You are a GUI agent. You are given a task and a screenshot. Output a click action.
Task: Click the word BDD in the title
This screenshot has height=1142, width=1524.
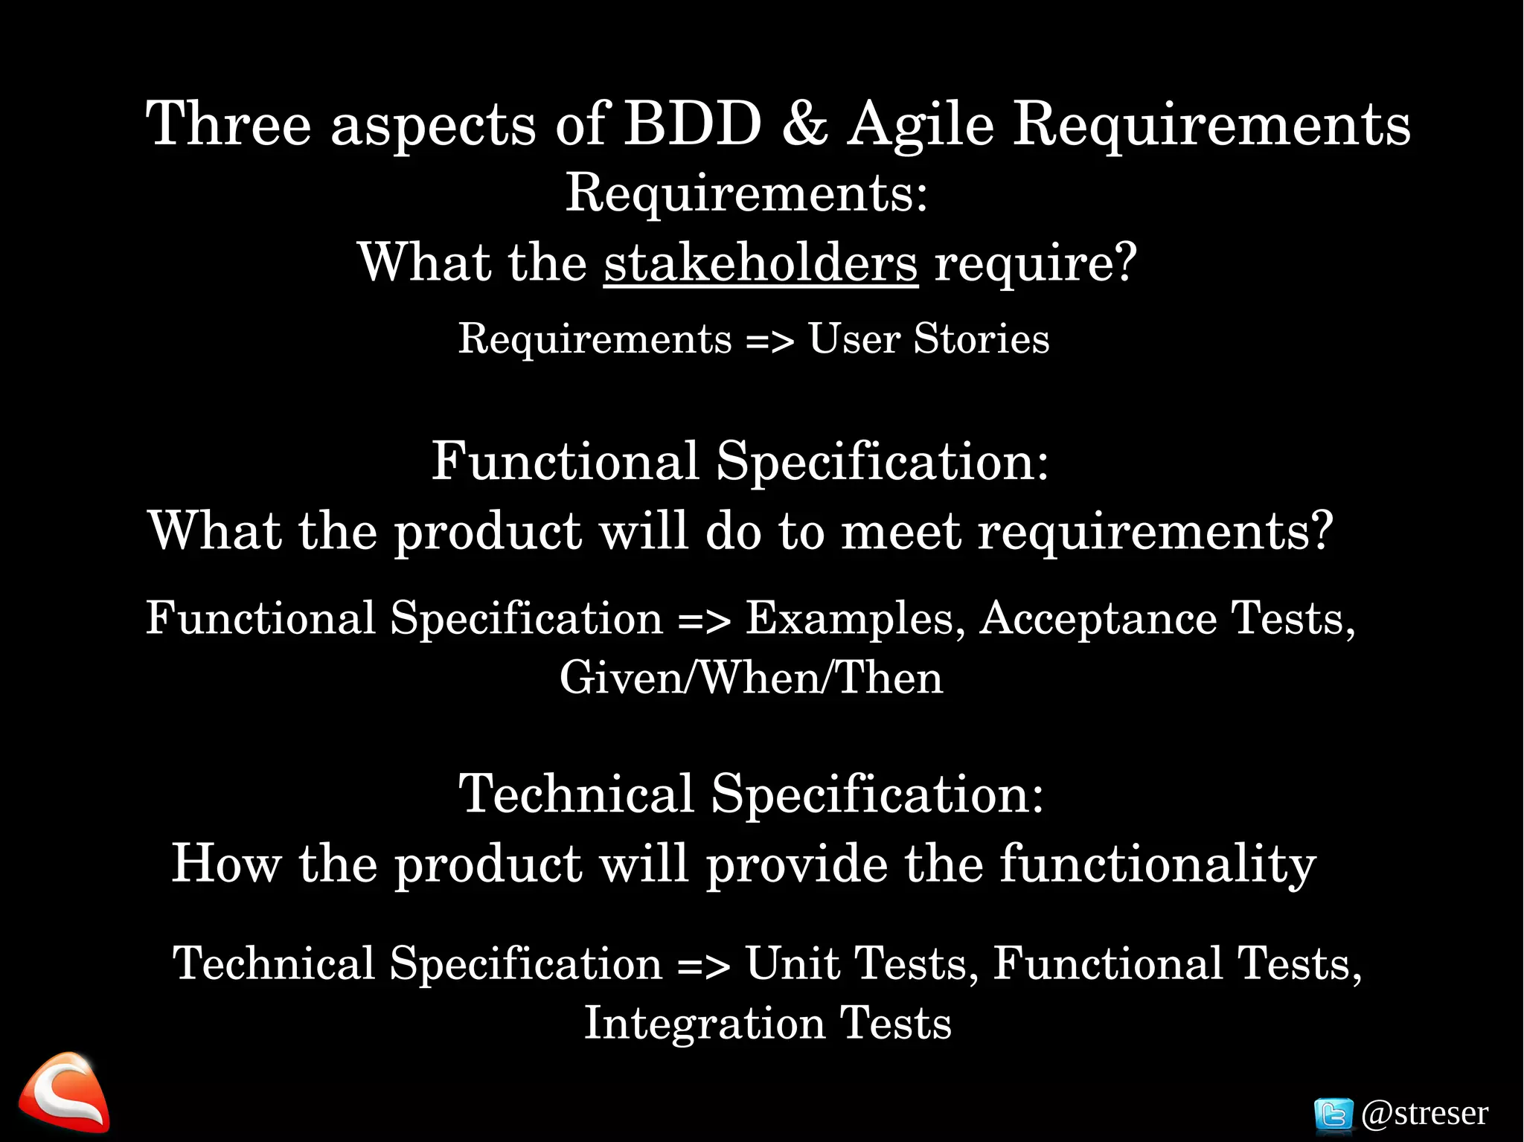click(x=692, y=123)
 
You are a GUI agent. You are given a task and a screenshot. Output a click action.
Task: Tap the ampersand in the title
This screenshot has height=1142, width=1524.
click(x=804, y=123)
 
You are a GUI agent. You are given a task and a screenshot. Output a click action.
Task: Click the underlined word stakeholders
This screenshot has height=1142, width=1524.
click(x=761, y=263)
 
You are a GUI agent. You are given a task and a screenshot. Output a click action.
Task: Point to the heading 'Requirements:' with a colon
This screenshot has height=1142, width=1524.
click(x=746, y=193)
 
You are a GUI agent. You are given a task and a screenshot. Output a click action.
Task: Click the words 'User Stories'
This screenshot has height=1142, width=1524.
click(x=929, y=339)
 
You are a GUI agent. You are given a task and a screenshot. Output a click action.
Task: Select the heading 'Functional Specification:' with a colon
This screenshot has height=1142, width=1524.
click(x=740, y=461)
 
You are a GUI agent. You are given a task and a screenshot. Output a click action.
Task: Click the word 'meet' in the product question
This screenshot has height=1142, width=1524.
click(x=901, y=532)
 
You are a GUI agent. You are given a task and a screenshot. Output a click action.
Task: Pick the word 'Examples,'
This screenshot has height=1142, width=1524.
click(x=855, y=619)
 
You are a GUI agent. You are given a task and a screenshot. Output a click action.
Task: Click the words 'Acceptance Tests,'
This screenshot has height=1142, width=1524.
click(x=1167, y=619)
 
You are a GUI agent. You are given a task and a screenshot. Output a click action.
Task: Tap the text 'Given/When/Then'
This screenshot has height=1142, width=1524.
click(x=751, y=679)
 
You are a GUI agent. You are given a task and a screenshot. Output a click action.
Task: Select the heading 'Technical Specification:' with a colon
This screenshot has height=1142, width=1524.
click(x=750, y=794)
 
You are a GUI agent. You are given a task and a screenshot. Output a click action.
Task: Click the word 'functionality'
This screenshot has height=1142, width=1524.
click(x=1157, y=864)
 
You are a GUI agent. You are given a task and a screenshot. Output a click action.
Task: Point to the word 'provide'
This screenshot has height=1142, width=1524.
click(x=796, y=864)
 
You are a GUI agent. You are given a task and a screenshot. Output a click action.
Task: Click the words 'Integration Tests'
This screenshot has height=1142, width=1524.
click(x=767, y=1024)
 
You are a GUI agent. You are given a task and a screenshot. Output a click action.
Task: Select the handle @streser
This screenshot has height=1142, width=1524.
click(x=1424, y=1114)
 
